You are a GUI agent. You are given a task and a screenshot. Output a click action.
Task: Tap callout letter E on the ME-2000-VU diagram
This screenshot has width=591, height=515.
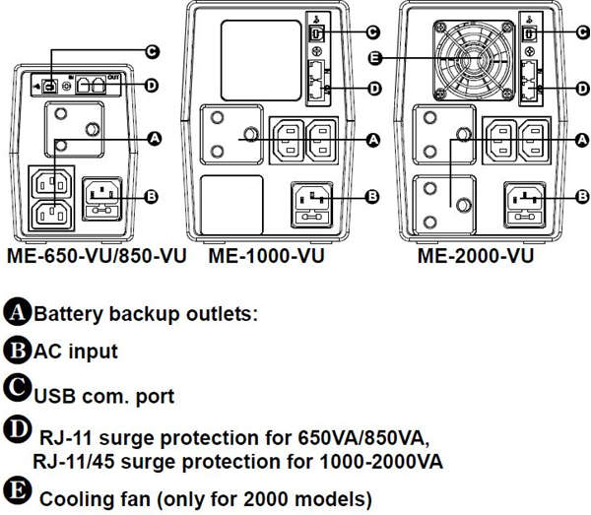(375, 58)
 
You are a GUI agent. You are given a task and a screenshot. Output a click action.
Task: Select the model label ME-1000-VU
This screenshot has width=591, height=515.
(266, 256)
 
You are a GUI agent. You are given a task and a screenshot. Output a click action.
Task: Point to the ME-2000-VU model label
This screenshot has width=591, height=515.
(476, 256)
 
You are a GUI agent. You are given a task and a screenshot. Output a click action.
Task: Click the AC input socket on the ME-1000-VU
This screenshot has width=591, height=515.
(311, 199)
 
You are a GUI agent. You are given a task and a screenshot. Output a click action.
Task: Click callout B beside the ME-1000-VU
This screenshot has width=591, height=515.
(371, 197)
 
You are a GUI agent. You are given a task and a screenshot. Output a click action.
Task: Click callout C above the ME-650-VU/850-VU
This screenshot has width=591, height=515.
(153, 50)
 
